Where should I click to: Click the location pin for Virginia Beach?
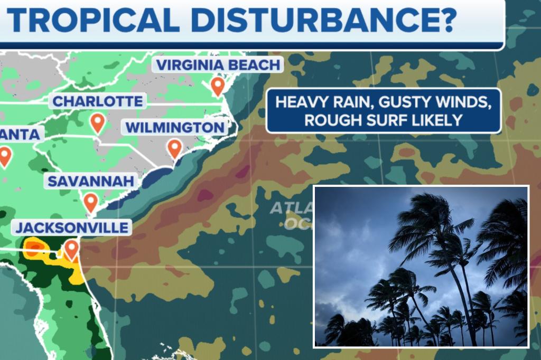point(217,86)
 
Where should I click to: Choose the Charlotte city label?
point(98,101)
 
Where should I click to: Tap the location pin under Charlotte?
point(97,122)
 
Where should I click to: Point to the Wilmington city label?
point(175,128)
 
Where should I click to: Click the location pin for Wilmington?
point(174,148)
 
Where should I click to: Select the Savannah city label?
point(90,182)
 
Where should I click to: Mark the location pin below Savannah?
point(91,202)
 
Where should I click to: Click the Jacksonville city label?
point(72,228)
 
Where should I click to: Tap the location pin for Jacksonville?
point(71,249)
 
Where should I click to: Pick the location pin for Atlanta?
point(5,156)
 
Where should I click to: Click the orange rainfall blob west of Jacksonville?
point(33,248)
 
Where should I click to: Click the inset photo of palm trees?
point(421,266)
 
